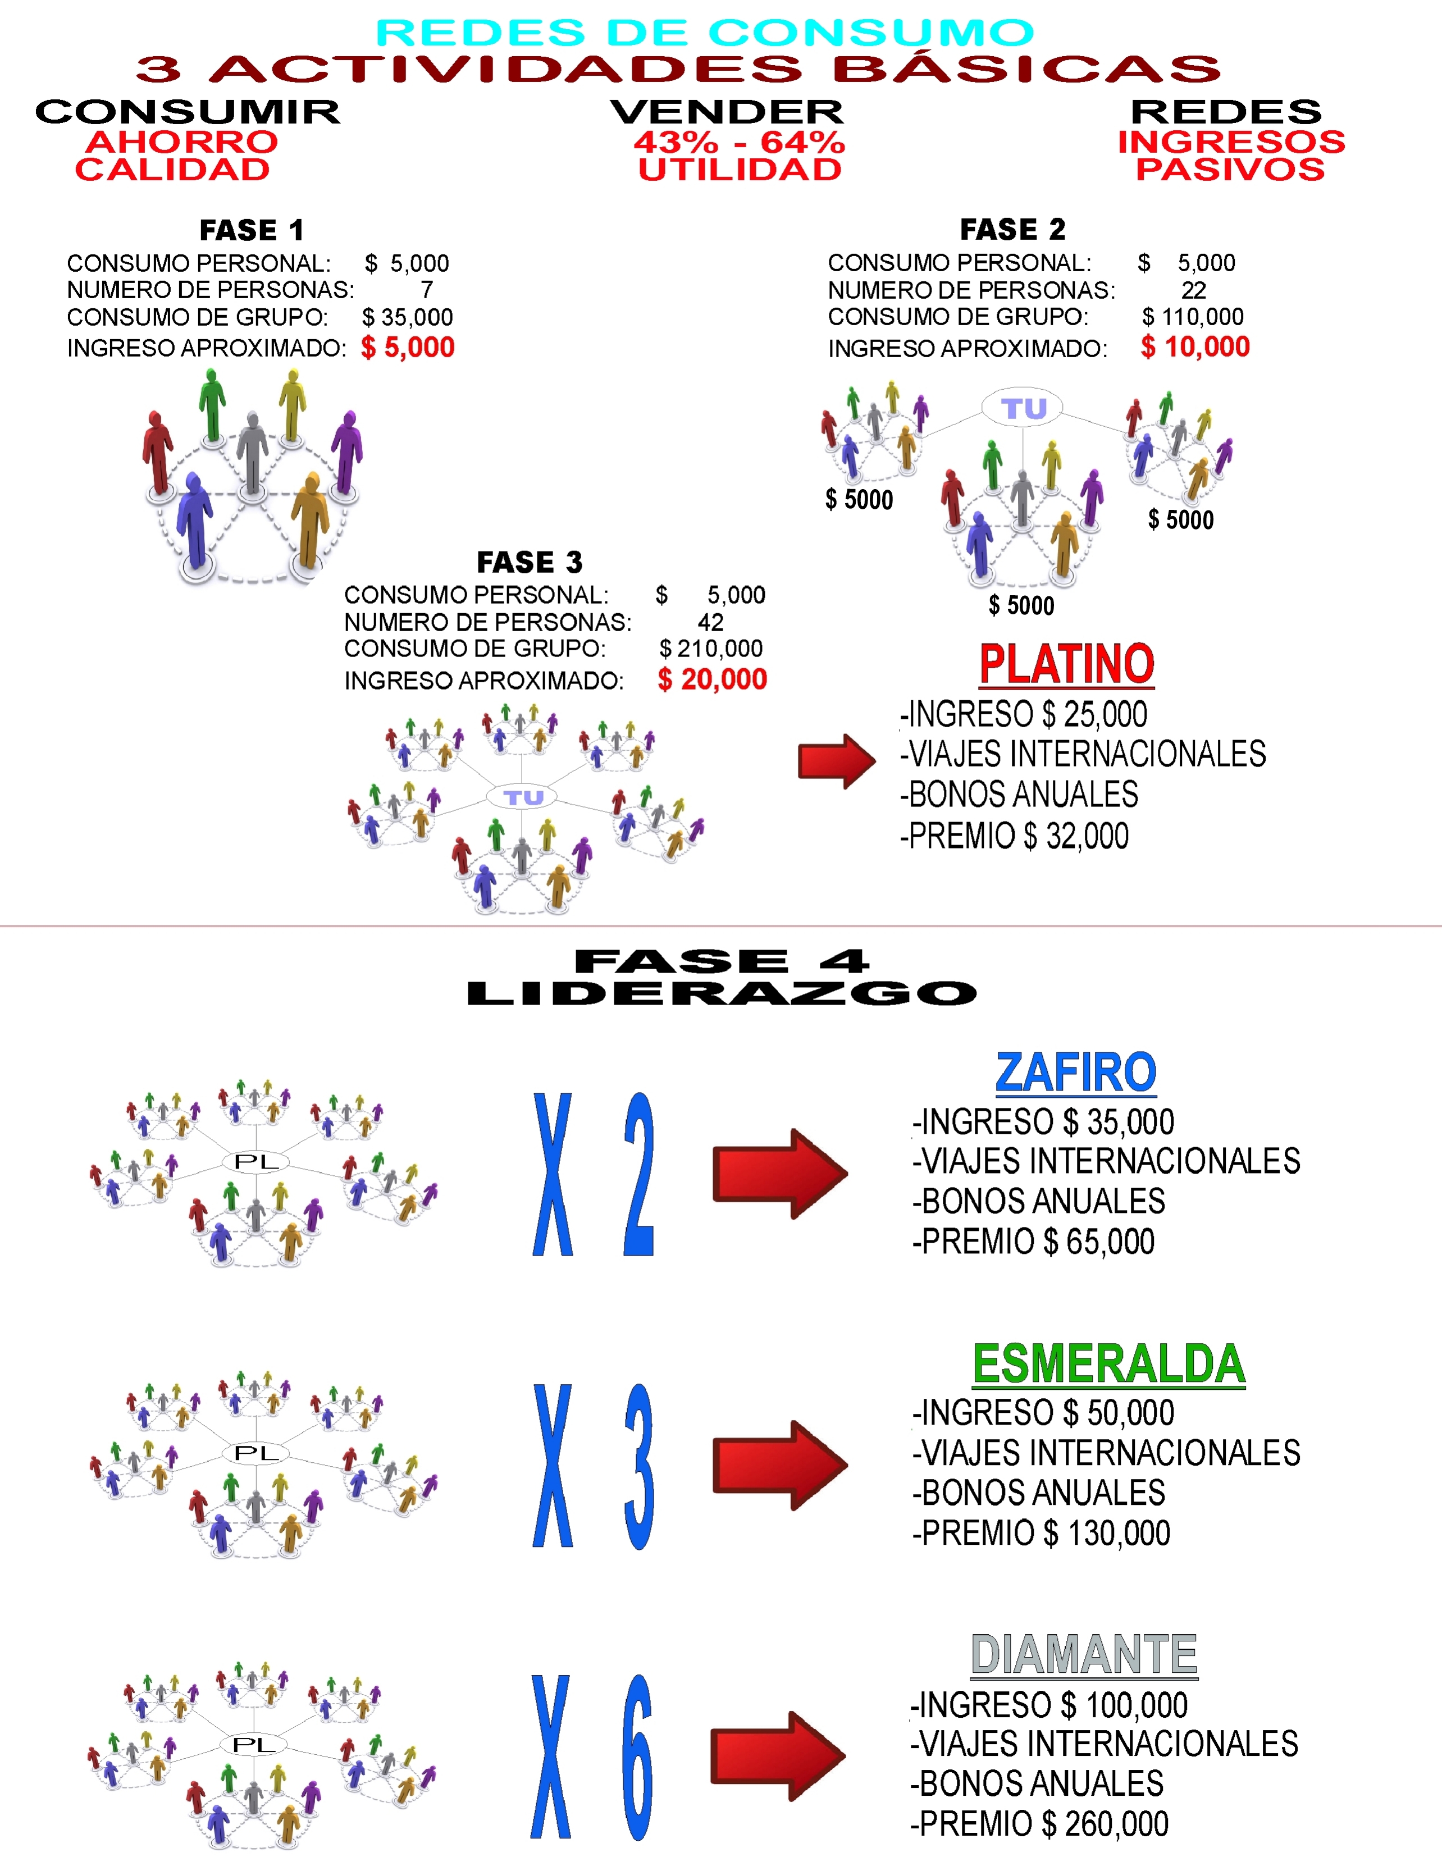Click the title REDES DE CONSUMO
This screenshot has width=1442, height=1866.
[705, 33]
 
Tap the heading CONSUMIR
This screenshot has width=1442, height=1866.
[188, 112]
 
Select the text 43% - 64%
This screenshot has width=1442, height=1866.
[740, 142]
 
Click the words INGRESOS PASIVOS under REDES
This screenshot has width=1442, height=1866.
[1231, 156]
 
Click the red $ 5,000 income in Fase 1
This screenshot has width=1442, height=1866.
[408, 347]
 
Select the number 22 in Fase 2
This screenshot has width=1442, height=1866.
[1193, 290]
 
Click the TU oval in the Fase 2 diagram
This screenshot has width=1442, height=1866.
[1023, 408]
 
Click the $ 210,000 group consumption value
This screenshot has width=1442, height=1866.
[711, 649]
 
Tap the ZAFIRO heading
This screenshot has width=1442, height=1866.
[1075, 1073]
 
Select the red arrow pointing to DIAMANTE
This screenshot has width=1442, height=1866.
[778, 1756]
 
